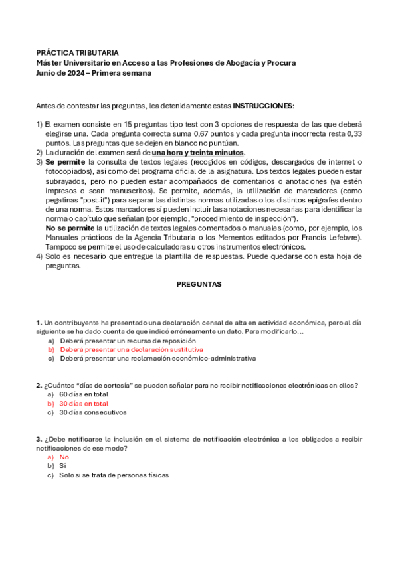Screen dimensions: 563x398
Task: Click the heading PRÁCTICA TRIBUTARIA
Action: (77, 52)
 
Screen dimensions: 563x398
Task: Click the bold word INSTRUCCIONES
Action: (263, 106)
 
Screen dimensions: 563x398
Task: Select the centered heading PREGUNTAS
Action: (199, 283)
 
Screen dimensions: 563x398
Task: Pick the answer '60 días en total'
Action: (84, 394)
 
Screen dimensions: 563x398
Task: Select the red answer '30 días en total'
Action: (84, 403)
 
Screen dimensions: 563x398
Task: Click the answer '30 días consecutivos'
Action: (92, 412)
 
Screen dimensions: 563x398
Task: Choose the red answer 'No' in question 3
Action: (64, 457)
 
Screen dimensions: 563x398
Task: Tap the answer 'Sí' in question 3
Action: (63, 466)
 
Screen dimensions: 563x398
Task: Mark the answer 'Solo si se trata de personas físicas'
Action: (114, 475)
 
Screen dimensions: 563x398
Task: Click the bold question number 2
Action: (39, 385)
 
